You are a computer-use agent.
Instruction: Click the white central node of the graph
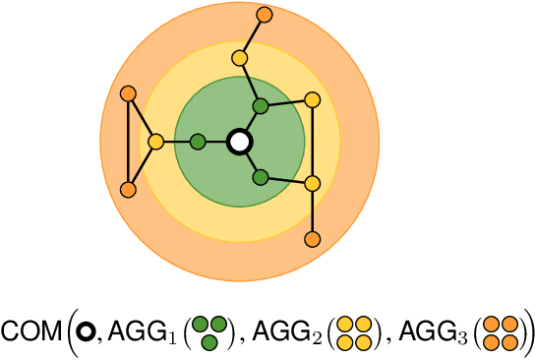pyautogui.click(x=238, y=142)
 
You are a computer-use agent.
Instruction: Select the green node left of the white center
pyautogui.click(x=198, y=142)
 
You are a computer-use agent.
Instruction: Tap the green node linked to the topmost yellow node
pyautogui.click(x=260, y=105)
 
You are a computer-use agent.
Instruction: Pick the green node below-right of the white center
pyautogui.click(x=261, y=178)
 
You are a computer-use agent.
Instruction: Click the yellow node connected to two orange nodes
pyautogui.click(x=155, y=142)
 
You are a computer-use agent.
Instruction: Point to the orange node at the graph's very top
pyautogui.click(x=264, y=15)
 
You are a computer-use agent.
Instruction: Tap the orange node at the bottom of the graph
pyautogui.click(x=313, y=238)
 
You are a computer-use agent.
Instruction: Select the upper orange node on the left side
pyautogui.click(x=127, y=94)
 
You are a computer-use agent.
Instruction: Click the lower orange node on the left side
pyautogui.click(x=127, y=189)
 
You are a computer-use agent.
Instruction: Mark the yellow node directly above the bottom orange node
pyautogui.click(x=313, y=183)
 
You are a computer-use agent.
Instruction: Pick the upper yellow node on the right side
pyautogui.click(x=313, y=99)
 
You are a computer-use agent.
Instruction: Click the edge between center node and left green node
pyautogui.click(x=217, y=142)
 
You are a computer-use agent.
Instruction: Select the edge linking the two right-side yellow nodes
pyautogui.click(x=313, y=142)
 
